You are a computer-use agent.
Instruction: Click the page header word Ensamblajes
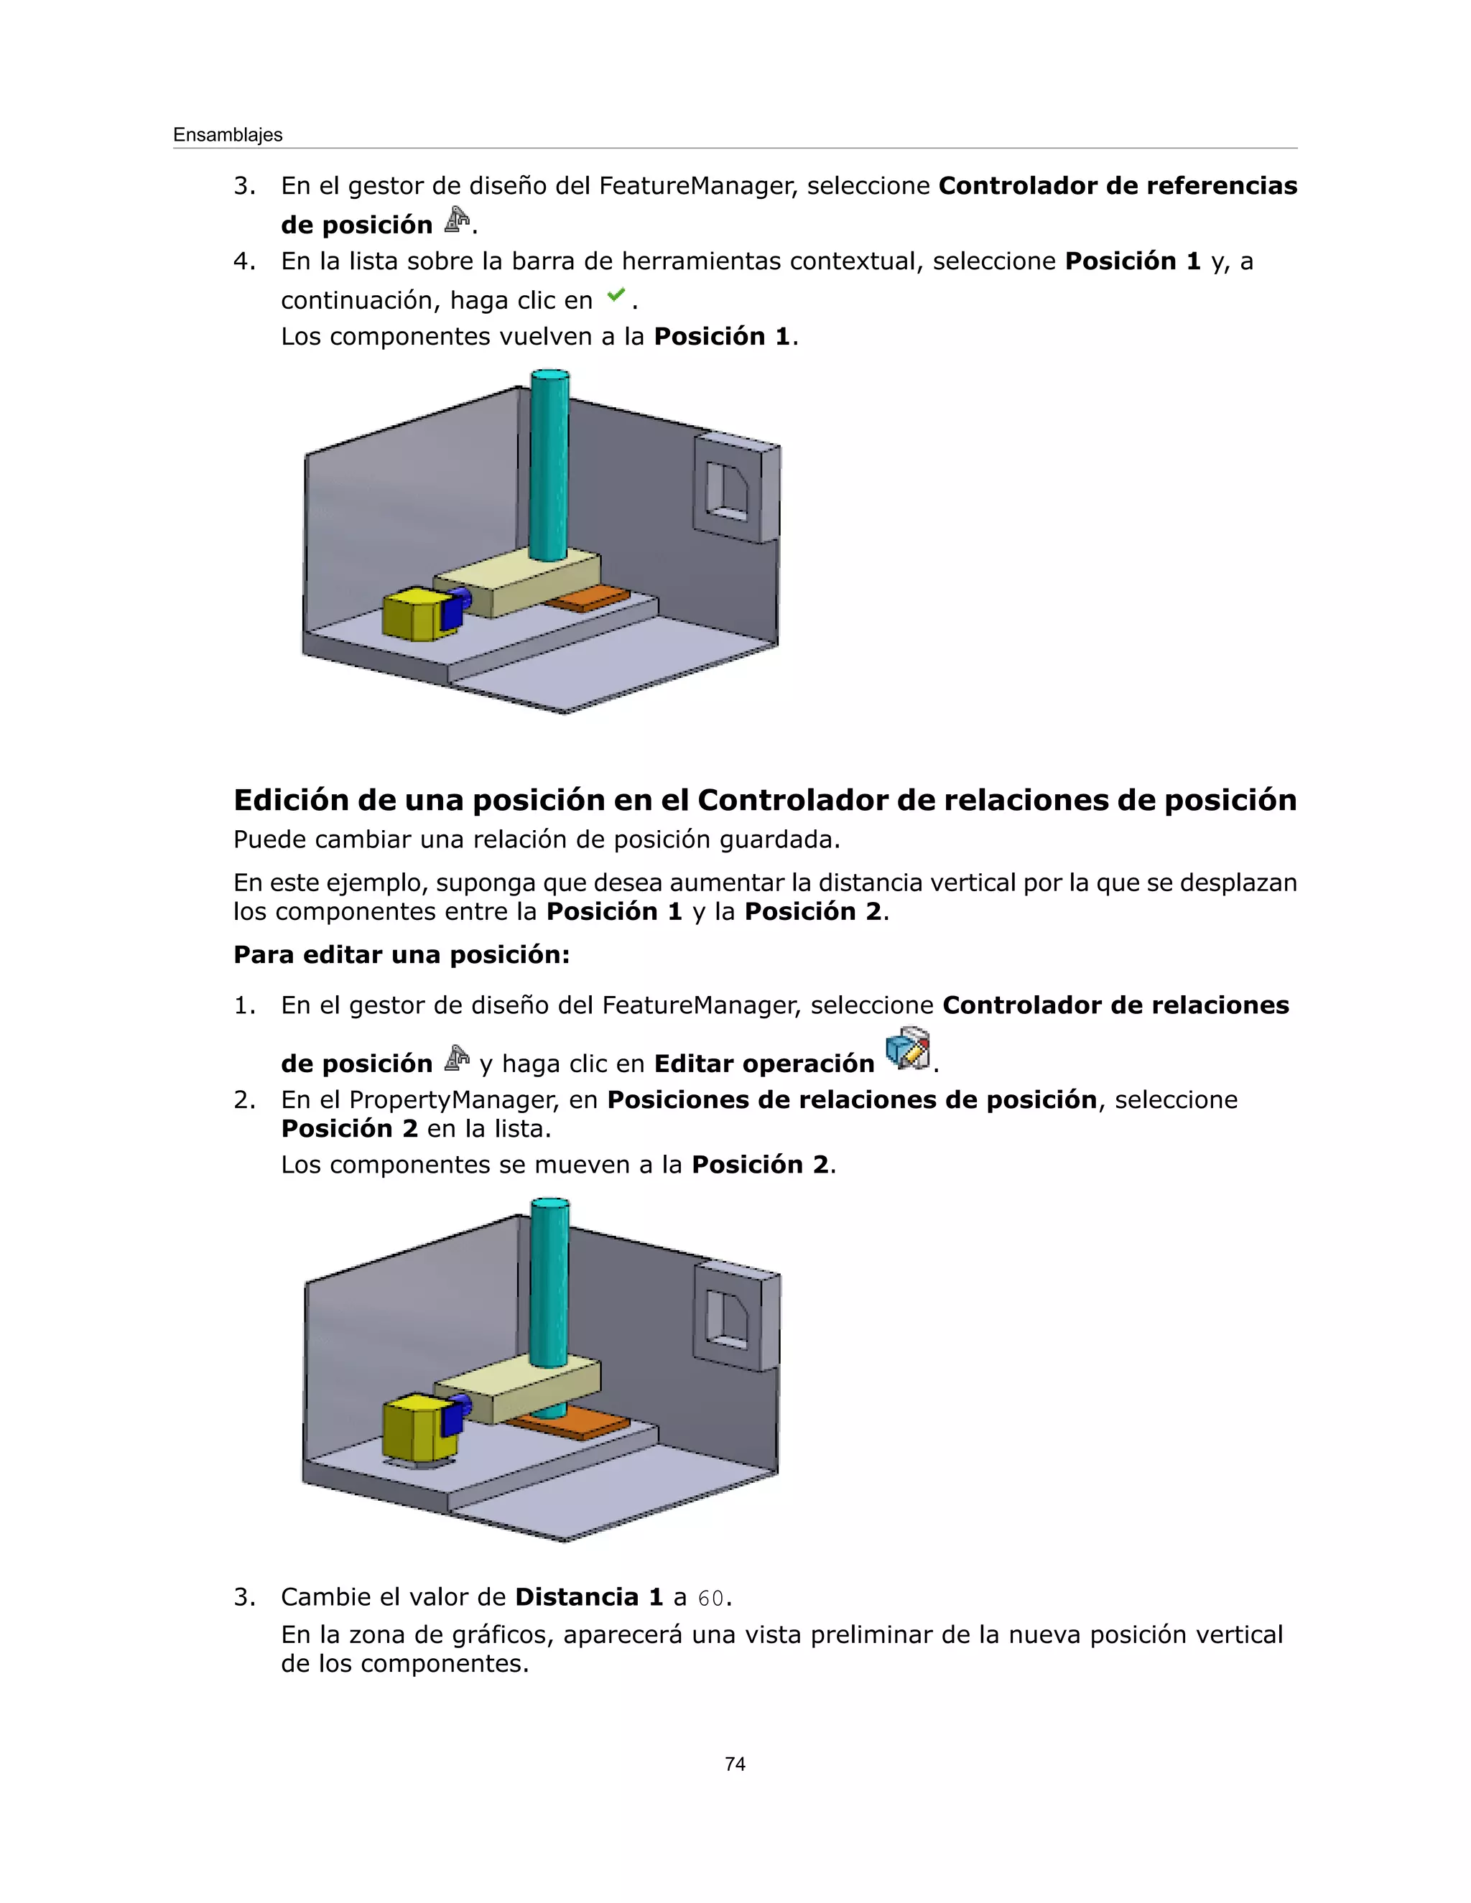pos(228,135)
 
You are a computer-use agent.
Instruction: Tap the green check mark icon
pos(616,295)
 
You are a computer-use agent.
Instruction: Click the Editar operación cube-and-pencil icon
pos(908,1049)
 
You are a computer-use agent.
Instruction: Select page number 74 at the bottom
pos(735,1764)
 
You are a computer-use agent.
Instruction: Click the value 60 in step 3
pos(710,1598)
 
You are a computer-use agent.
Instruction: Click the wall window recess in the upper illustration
pos(726,491)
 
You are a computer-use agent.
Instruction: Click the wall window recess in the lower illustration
pos(726,1318)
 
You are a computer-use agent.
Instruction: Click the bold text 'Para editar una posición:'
pos(401,955)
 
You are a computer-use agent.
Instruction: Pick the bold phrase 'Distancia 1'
pos(589,1597)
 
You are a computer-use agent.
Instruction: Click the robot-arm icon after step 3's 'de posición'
pos(457,220)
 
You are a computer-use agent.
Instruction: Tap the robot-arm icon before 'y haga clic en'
pos(457,1058)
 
